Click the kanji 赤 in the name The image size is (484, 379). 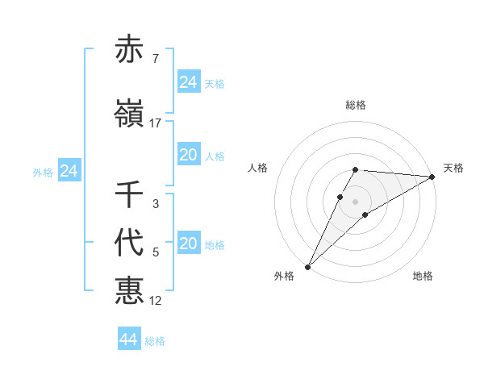(x=129, y=50)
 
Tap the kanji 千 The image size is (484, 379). (x=129, y=195)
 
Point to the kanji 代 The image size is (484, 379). (x=129, y=244)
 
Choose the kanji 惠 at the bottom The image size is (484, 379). (x=129, y=290)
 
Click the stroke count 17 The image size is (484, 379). (x=156, y=123)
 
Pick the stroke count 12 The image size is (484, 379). (x=156, y=301)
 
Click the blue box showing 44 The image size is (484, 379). (x=129, y=339)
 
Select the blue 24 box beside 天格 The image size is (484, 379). (x=189, y=82)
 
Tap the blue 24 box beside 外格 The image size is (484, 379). (x=69, y=171)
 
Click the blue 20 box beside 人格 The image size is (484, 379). (x=189, y=156)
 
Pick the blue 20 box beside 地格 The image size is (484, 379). (x=189, y=244)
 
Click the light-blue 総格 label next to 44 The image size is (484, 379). (x=155, y=341)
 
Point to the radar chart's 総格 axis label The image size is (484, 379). (x=356, y=105)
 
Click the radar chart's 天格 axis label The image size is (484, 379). (x=453, y=168)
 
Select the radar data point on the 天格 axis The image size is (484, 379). (x=432, y=177)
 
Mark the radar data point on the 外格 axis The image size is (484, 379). (x=308, y=266)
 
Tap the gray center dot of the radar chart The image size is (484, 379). (x=356, y=201)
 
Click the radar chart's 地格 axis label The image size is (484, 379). (x=423, y=276)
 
